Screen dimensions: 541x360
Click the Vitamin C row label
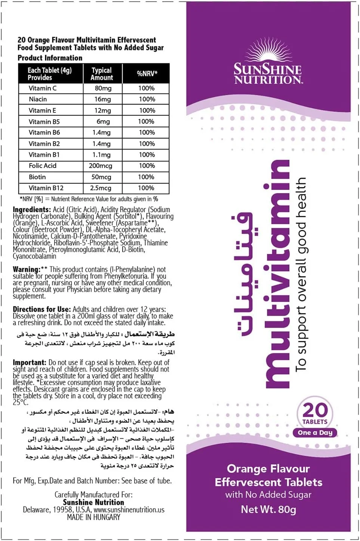tap(43, 89)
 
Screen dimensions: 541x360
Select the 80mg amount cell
tap(103, 89)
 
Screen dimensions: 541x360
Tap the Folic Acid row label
tap(43, 166)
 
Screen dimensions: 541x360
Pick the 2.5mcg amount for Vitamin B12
tap(101, 188)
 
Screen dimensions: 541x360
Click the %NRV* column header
tap(147, 74)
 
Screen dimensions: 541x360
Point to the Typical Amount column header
tap(102, 74)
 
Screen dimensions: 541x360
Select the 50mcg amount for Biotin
tap(102, 177)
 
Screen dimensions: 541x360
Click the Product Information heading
tap(50, 58)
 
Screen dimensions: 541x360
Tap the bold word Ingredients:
tap(32, 210)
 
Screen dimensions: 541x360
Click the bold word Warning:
tap(27, 269)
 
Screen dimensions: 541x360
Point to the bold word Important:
tap(30, 362)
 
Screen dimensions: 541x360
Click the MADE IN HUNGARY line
tap(94, 517)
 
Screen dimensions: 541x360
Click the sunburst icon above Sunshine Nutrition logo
tap(267, 52)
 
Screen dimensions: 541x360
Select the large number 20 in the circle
tap(315, 410)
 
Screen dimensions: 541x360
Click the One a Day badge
tap(315, 433)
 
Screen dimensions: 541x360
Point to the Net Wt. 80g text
tap(269, 509)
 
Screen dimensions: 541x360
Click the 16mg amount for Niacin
tap(103, 99)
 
